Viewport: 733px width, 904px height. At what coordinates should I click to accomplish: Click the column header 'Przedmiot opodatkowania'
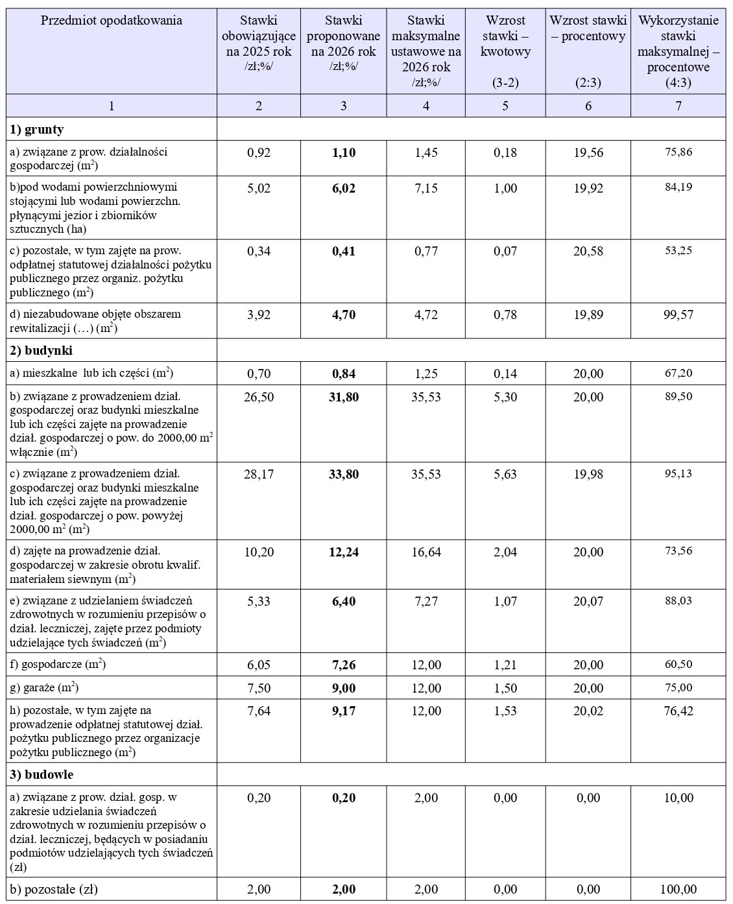[x=112, y=21]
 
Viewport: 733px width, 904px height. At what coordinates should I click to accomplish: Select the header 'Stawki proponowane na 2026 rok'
[x=343, y=36]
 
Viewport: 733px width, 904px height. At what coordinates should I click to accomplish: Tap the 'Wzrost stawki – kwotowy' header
[x=505, y=36]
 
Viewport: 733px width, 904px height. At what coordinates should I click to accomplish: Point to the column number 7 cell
[x=678, y=106]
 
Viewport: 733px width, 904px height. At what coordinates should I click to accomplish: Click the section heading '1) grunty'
[x=37, y=129]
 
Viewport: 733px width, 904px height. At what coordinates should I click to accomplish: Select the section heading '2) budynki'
[x=40, y=350]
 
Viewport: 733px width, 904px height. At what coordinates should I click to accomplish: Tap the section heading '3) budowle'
[x=41, y=774]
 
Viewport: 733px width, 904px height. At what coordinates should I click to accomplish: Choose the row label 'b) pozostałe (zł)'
[x=54, y=889]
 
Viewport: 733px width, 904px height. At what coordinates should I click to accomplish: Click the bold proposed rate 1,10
[x=344, y=152]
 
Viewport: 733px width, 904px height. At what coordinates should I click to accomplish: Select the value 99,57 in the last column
[x=678, y=315]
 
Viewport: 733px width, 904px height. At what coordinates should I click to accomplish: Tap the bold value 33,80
[x=344, y=474]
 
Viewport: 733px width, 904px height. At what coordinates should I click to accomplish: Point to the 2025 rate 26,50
[x=259, y=396]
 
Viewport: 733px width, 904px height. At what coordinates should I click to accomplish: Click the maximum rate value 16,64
[x=426, y=552]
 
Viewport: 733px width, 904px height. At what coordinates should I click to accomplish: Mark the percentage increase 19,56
[x=588, y=152]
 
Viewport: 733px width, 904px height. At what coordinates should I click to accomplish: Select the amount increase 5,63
[x=505, y=474]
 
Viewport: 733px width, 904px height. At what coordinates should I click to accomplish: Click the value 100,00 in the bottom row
[x=678, y=889]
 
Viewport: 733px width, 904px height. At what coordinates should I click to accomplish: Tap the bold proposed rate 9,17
[x=344, y=711]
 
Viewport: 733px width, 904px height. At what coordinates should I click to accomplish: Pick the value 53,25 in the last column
[x=678, y=251]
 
